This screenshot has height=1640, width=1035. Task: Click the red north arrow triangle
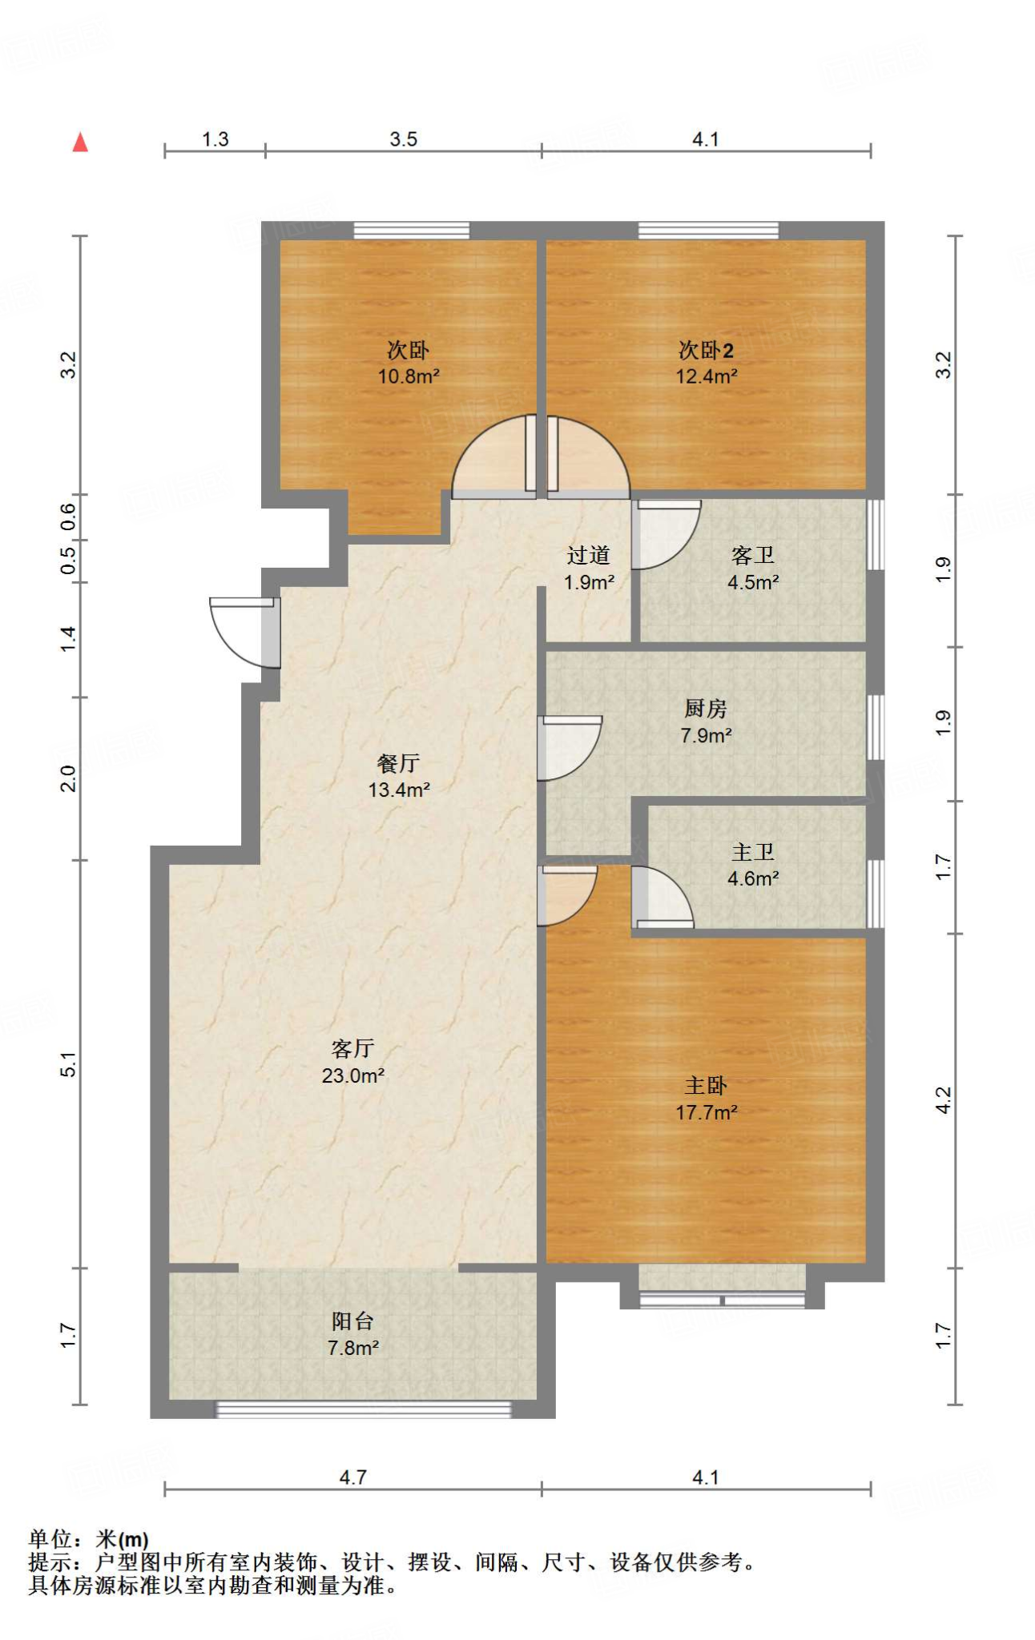click(80, 143)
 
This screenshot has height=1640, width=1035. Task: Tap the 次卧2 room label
click(706, 350)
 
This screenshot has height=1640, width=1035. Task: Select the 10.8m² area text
click(409, 376)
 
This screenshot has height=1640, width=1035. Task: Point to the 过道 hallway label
click(589, 555)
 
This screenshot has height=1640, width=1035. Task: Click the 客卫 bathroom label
click(753, 555)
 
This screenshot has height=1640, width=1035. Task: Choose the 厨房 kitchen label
click(706, 708)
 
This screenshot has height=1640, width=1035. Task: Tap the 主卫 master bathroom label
click(753, 852)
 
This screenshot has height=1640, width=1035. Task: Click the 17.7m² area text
click(706, 1112)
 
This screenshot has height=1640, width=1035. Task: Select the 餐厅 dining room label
click(398, 763)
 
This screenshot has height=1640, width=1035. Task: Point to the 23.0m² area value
click(352, 1075)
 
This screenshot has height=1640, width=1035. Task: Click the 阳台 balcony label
click(352, 1321)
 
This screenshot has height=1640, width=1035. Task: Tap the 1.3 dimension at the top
click(215, 139)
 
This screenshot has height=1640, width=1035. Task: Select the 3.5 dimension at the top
click(404, 139)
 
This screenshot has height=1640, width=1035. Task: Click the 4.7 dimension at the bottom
click(352, 1477)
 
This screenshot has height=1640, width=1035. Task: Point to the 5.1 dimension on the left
click(69, 1064)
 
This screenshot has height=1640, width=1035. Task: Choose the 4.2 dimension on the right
click(944, 1099)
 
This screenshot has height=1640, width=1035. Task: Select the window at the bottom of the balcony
click(364, 1409)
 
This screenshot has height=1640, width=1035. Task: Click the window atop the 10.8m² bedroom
click(412, 230)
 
